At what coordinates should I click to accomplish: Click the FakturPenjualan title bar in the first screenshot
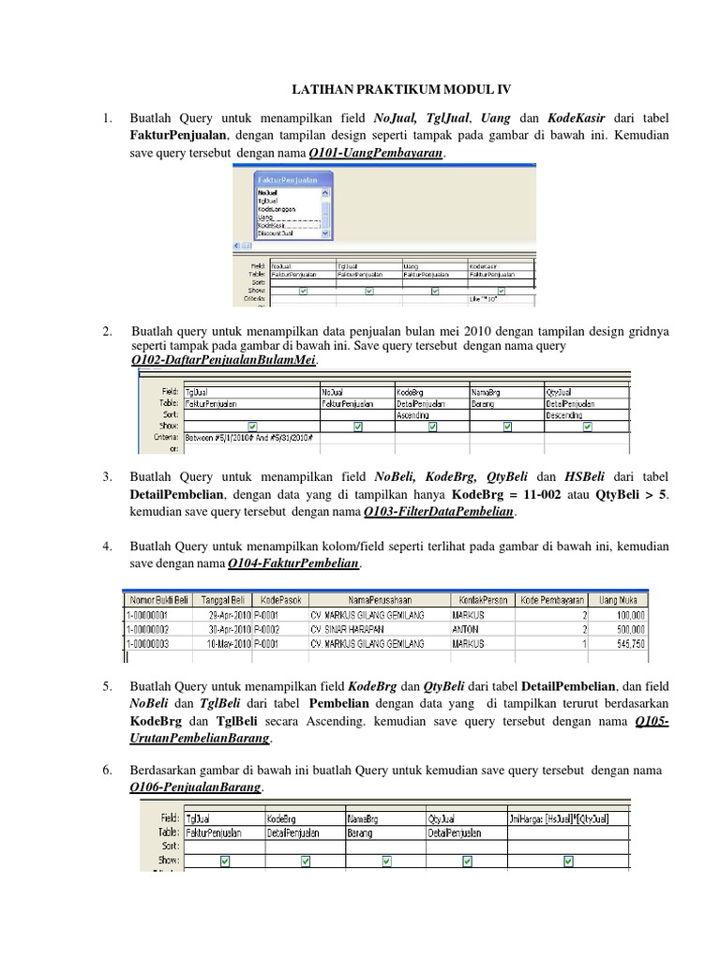tap(292, 179)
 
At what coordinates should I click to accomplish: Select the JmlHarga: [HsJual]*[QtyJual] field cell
tap(567, 817)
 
